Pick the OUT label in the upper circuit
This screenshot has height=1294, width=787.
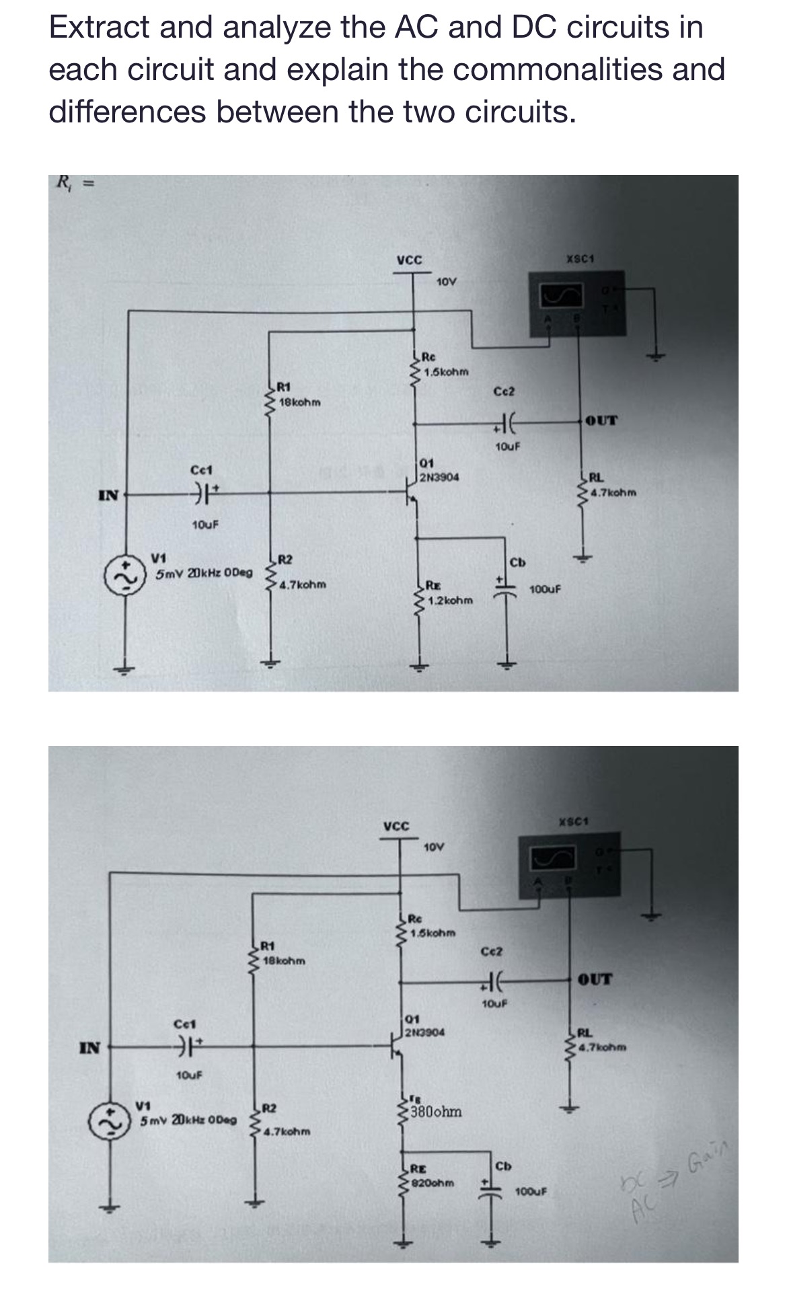coord(601,421)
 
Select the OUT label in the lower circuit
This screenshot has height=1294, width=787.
coord(595,979)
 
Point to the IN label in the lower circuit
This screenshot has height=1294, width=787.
coord(90,1047)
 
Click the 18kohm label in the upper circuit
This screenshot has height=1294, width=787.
coord(300,402)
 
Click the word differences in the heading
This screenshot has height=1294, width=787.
coord(127,112)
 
